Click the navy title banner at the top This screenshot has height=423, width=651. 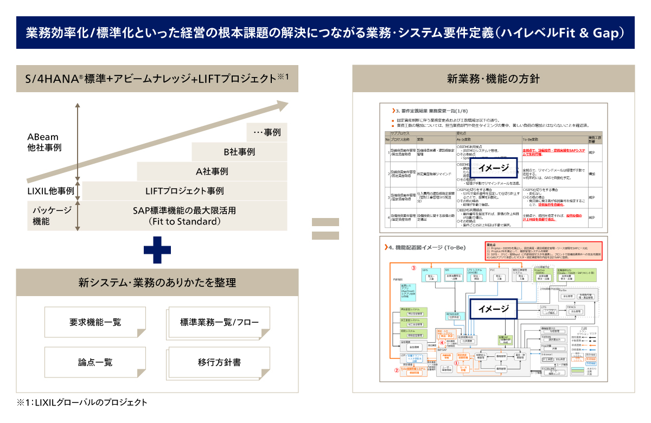pyautogui.click(x=325, y=33)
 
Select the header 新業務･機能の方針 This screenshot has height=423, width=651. pyautogui.click(x=493, y=78)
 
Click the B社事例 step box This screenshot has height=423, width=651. pyautogui.click(x=239, y=152)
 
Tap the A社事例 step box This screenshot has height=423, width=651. pyautogui.click(x=212, y=171)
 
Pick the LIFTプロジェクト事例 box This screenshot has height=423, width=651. pyautogui.click(x=184, y=191)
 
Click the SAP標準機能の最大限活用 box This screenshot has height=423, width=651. pyautogui.click(x=184, y=216)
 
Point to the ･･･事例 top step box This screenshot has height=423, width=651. pyautogui.click(x=267, y=132)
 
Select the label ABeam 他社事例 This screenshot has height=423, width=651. pyautogui.click(x=44, y=142)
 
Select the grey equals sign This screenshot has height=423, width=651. pyautogui.click(x=325, y=229)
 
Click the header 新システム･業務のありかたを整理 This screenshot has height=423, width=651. pyautogui.click(x=157, y=283)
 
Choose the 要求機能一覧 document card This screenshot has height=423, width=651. pyautogui.click(x=95, y=322)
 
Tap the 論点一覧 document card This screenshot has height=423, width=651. pyautogui.click(x=95, y=362)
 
